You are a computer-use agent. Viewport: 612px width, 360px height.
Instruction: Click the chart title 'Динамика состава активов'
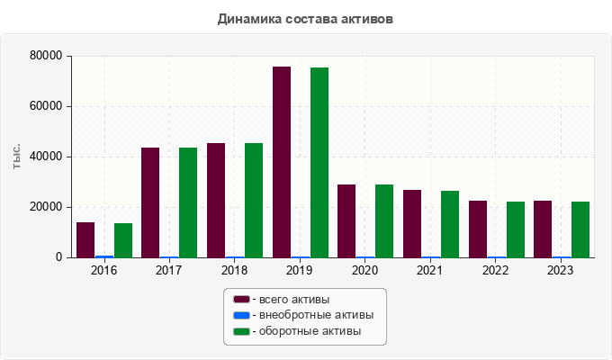(x=305, y=19)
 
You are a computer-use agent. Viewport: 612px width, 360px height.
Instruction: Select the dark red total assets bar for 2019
(x=282, y=162)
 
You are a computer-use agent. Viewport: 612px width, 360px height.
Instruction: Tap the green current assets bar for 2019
(x=319, y=163)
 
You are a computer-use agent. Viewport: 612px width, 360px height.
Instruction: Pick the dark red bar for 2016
(x=85, y=239)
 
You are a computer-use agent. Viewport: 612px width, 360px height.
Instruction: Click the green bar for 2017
(x=188, y=202)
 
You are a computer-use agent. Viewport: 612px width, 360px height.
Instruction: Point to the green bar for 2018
(x=254, y=200)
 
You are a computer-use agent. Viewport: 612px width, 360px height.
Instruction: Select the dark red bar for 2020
(x=346, y=220)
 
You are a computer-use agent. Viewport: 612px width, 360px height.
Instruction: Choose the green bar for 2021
(x=450, y=224)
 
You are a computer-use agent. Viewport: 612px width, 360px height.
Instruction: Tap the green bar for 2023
(x=580, y=229)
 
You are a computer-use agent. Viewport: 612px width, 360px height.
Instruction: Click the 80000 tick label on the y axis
(x=45, y=56)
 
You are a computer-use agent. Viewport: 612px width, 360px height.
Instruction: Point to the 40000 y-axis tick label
(x=45, y=157)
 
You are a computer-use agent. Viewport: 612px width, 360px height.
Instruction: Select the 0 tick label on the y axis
(x=58, y=257)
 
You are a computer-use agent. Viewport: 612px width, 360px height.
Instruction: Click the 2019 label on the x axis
(x=300, y=270)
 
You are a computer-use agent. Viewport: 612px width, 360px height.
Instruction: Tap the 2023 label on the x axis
(x=561, y=270)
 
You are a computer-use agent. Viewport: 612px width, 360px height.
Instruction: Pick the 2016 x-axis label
(x=104, y=270)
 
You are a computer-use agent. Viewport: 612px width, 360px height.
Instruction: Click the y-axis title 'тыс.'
(x=17, y=157)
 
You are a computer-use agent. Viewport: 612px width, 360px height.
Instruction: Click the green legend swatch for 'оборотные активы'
(x=241, y=332)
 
